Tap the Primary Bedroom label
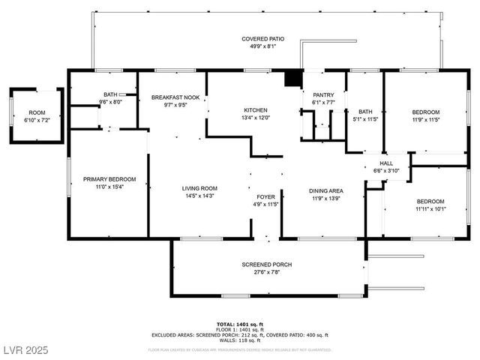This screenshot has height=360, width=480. (x=109, y=179)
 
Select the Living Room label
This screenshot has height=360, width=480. (x=199, y=188)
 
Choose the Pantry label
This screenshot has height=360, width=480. (x=323, y=94)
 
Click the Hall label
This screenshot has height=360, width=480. (x=386, y=163)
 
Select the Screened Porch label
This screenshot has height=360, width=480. (x=266, y=265)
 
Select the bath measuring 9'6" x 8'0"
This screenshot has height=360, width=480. (x=111, y=101)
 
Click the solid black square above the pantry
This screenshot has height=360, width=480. (x=293, y=78)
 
